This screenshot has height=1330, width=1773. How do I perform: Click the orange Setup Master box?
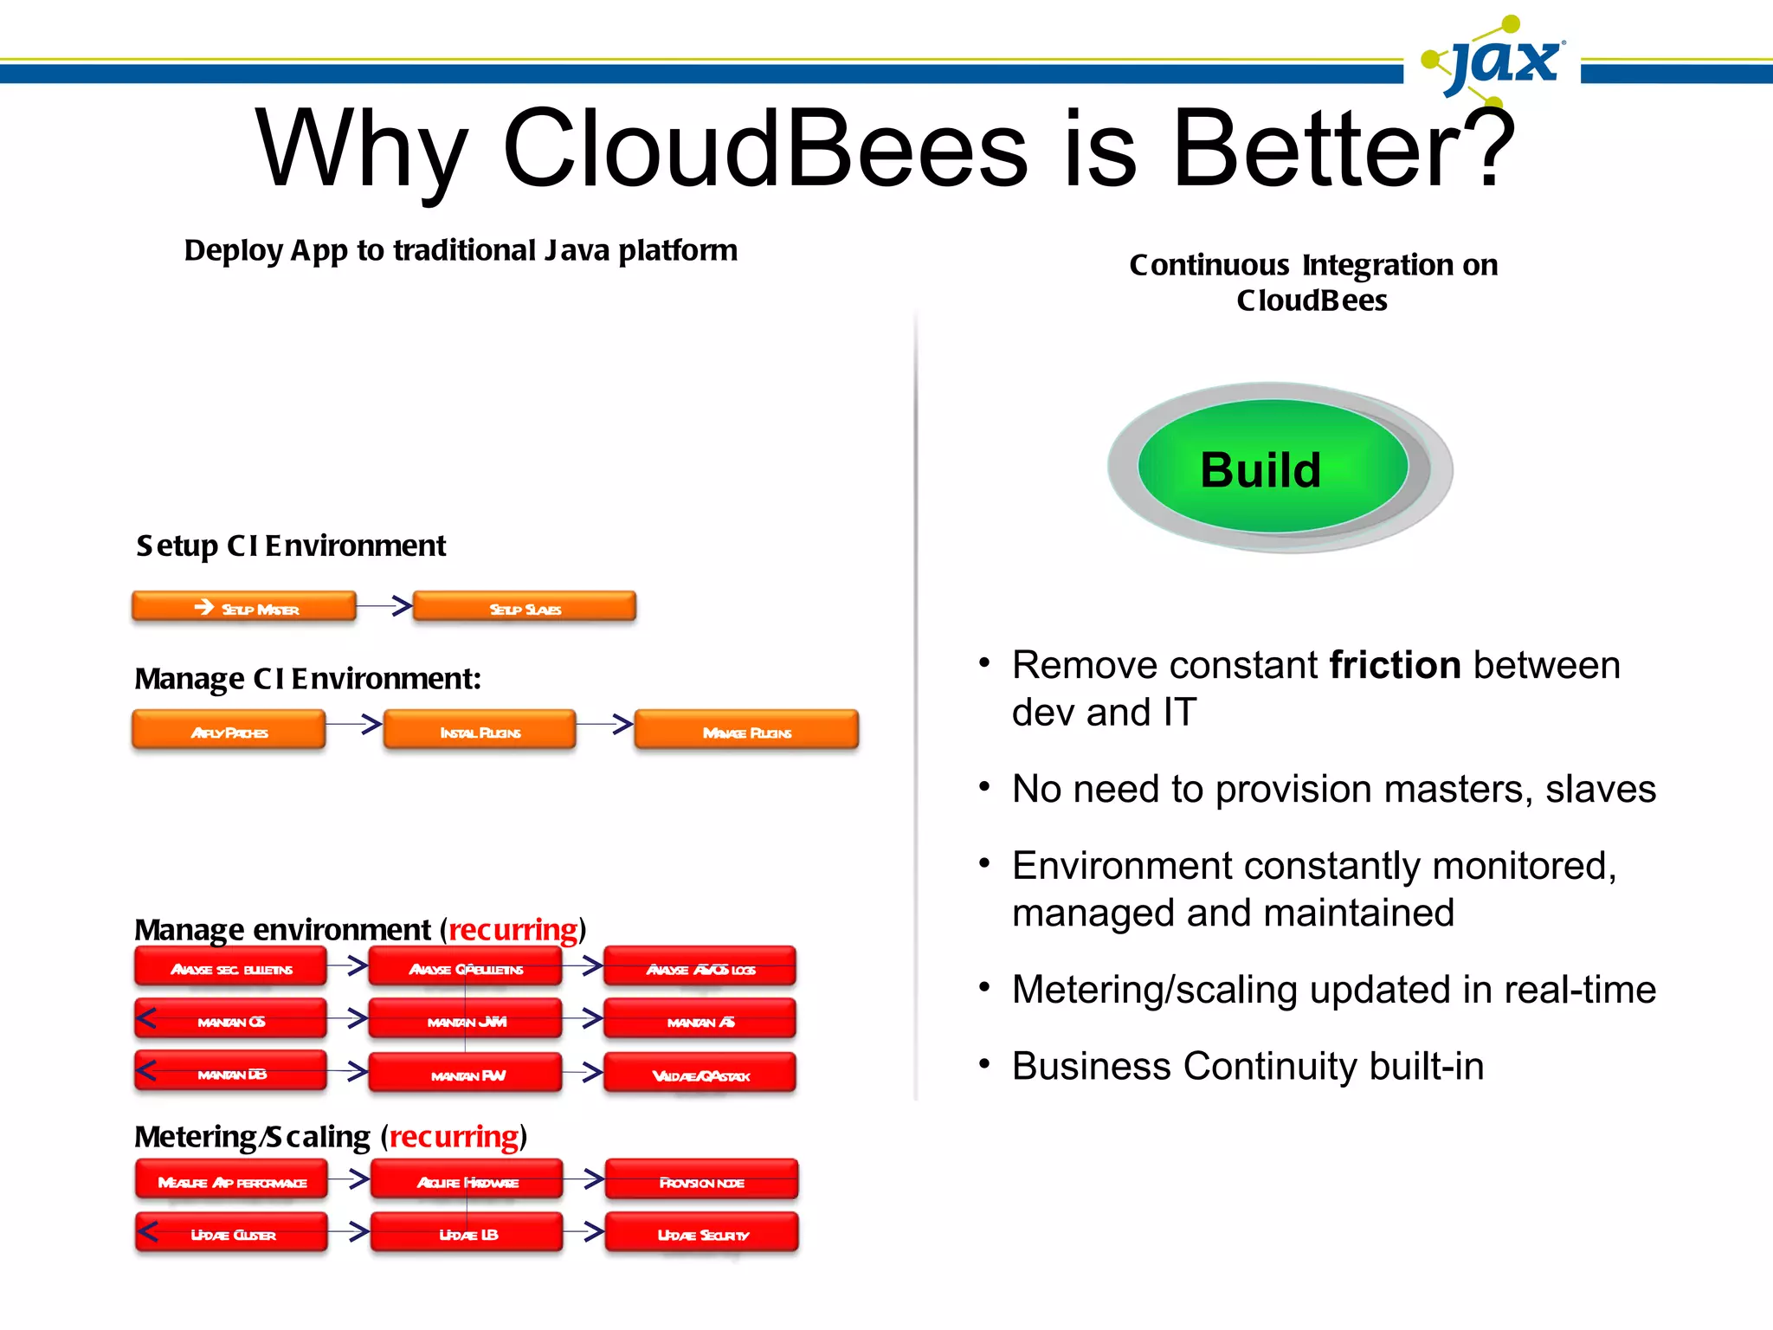(x=244, y=607)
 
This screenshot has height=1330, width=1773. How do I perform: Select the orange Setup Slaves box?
(x=525, y=607)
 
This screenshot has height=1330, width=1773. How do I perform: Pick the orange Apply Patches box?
(x=229, y=730)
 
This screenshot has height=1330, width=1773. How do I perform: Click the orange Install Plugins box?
(x=480, y=730)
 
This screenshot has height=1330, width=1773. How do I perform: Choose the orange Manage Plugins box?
(x=746, y=730)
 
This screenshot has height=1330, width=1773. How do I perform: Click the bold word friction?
(x=1395, y=665)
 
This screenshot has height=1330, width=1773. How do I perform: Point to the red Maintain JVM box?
(x=466, y=1019)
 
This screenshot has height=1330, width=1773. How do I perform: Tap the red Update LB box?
(x=467, y=1232)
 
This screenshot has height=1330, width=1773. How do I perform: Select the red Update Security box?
(x=701, y=1232)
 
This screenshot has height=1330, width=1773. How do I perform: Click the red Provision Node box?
(x=701, y=1180)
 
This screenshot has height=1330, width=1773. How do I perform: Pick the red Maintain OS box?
(x=230, y=1019)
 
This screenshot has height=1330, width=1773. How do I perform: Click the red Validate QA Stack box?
(x=700, y=1073)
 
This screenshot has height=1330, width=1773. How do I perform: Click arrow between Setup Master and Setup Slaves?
(x=384, y=605)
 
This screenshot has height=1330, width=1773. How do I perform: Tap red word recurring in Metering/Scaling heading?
(x=454, y=1136)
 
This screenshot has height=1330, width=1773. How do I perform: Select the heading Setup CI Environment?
(x=291, y=546)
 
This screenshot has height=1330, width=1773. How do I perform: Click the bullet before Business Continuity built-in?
(x=984, y=1063)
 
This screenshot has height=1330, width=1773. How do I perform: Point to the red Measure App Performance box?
(x=231, y=1180)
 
